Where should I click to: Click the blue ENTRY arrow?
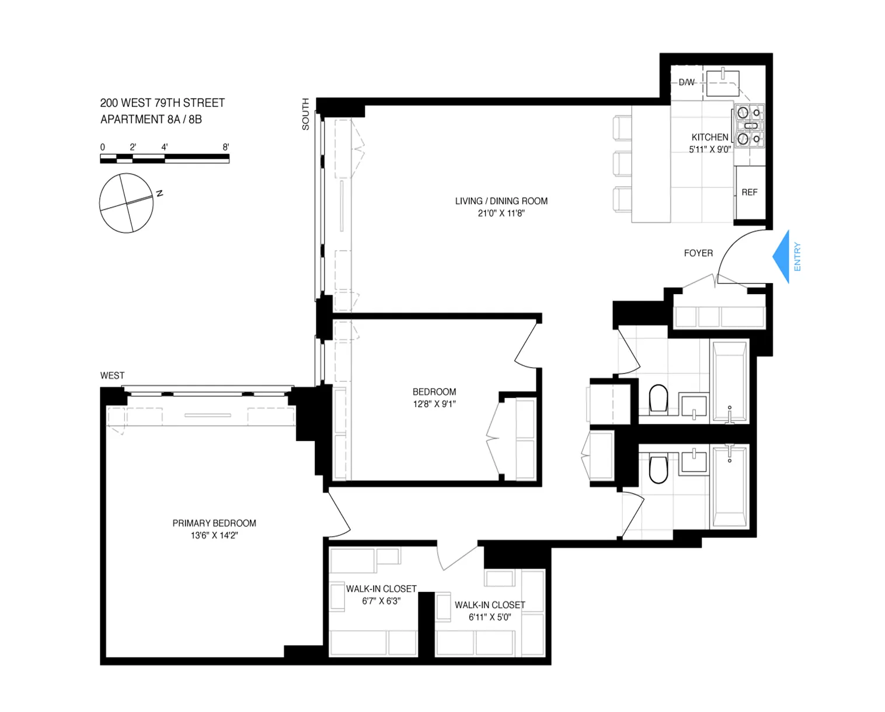tap(782, 257)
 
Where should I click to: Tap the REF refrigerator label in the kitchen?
tap(749, 192)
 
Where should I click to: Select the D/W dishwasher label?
tap(687, 82)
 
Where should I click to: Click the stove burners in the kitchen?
tap(749, 125)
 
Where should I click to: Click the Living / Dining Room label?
tap(501, 201)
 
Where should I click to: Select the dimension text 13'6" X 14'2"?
tap(214, 535)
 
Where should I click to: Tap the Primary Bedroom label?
tap(214, 523)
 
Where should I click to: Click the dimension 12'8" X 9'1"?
tap(434, 404)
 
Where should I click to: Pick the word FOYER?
tap(698, 253)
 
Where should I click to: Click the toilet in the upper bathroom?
tap(658, 399)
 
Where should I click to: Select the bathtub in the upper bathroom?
tap(729, 381)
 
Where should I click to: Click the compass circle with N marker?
tap(126, 203)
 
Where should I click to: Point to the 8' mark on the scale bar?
tap(225, 147)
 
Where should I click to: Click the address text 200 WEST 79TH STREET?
tap(162, 103)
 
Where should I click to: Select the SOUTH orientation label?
tap(305, 114)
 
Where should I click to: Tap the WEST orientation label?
tap(112, 375)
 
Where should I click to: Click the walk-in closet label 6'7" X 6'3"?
tap(381, 601)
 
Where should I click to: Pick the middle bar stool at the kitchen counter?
tap(622, 164)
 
